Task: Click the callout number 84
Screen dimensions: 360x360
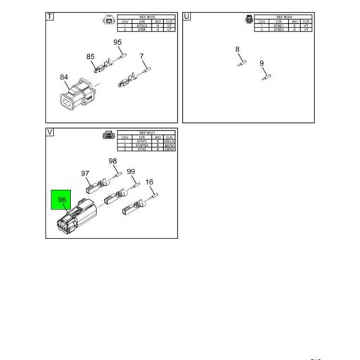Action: click(x=64, y=77)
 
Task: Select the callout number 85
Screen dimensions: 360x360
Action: click(x=91, y=57)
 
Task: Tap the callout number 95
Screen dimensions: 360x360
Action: click(x=117, y=43)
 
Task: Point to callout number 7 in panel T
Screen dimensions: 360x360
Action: click(x=141, y=56)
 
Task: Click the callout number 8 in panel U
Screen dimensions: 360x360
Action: click(x=238, y=49)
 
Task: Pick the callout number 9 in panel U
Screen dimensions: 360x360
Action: click(x=262, y=64)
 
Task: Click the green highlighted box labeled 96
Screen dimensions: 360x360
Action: click(x=62, y=200)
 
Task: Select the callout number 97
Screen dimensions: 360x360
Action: click(x=85, y=174)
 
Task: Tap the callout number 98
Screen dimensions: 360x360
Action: click(x=112, y=162)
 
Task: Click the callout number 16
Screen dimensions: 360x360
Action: click(x=149, y=183)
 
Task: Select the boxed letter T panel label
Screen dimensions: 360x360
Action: click(x=51, y=16)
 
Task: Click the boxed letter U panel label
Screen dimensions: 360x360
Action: click(x=187, y=16)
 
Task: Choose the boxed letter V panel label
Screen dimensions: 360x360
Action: click(x=51, y=132)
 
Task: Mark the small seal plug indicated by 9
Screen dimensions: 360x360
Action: click(x=267, y=77)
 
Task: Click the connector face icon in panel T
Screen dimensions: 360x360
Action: click(x=108, y=20)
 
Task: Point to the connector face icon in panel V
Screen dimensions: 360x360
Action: click(x=108, y=136)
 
